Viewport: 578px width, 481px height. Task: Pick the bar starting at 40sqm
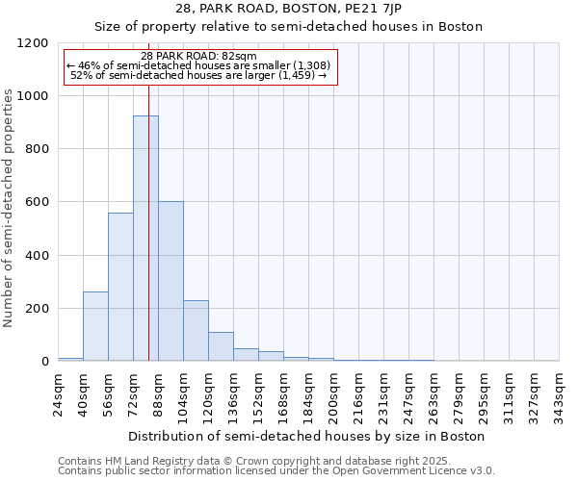[95, 326]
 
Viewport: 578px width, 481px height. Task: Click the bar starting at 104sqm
[196, 331]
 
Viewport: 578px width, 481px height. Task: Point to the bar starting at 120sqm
[221, 346]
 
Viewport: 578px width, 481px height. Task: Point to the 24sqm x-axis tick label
[58, 392]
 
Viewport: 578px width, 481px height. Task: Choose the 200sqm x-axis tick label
[333, 393]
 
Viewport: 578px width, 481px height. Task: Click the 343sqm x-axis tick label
[559, 393]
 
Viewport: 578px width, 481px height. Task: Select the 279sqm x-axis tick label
[459, 393]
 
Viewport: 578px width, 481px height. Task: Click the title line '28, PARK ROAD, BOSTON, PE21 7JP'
[289, 9]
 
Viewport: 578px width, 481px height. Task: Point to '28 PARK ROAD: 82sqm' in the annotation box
[198, 57]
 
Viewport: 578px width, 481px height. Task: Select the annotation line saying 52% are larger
[199, 75]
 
